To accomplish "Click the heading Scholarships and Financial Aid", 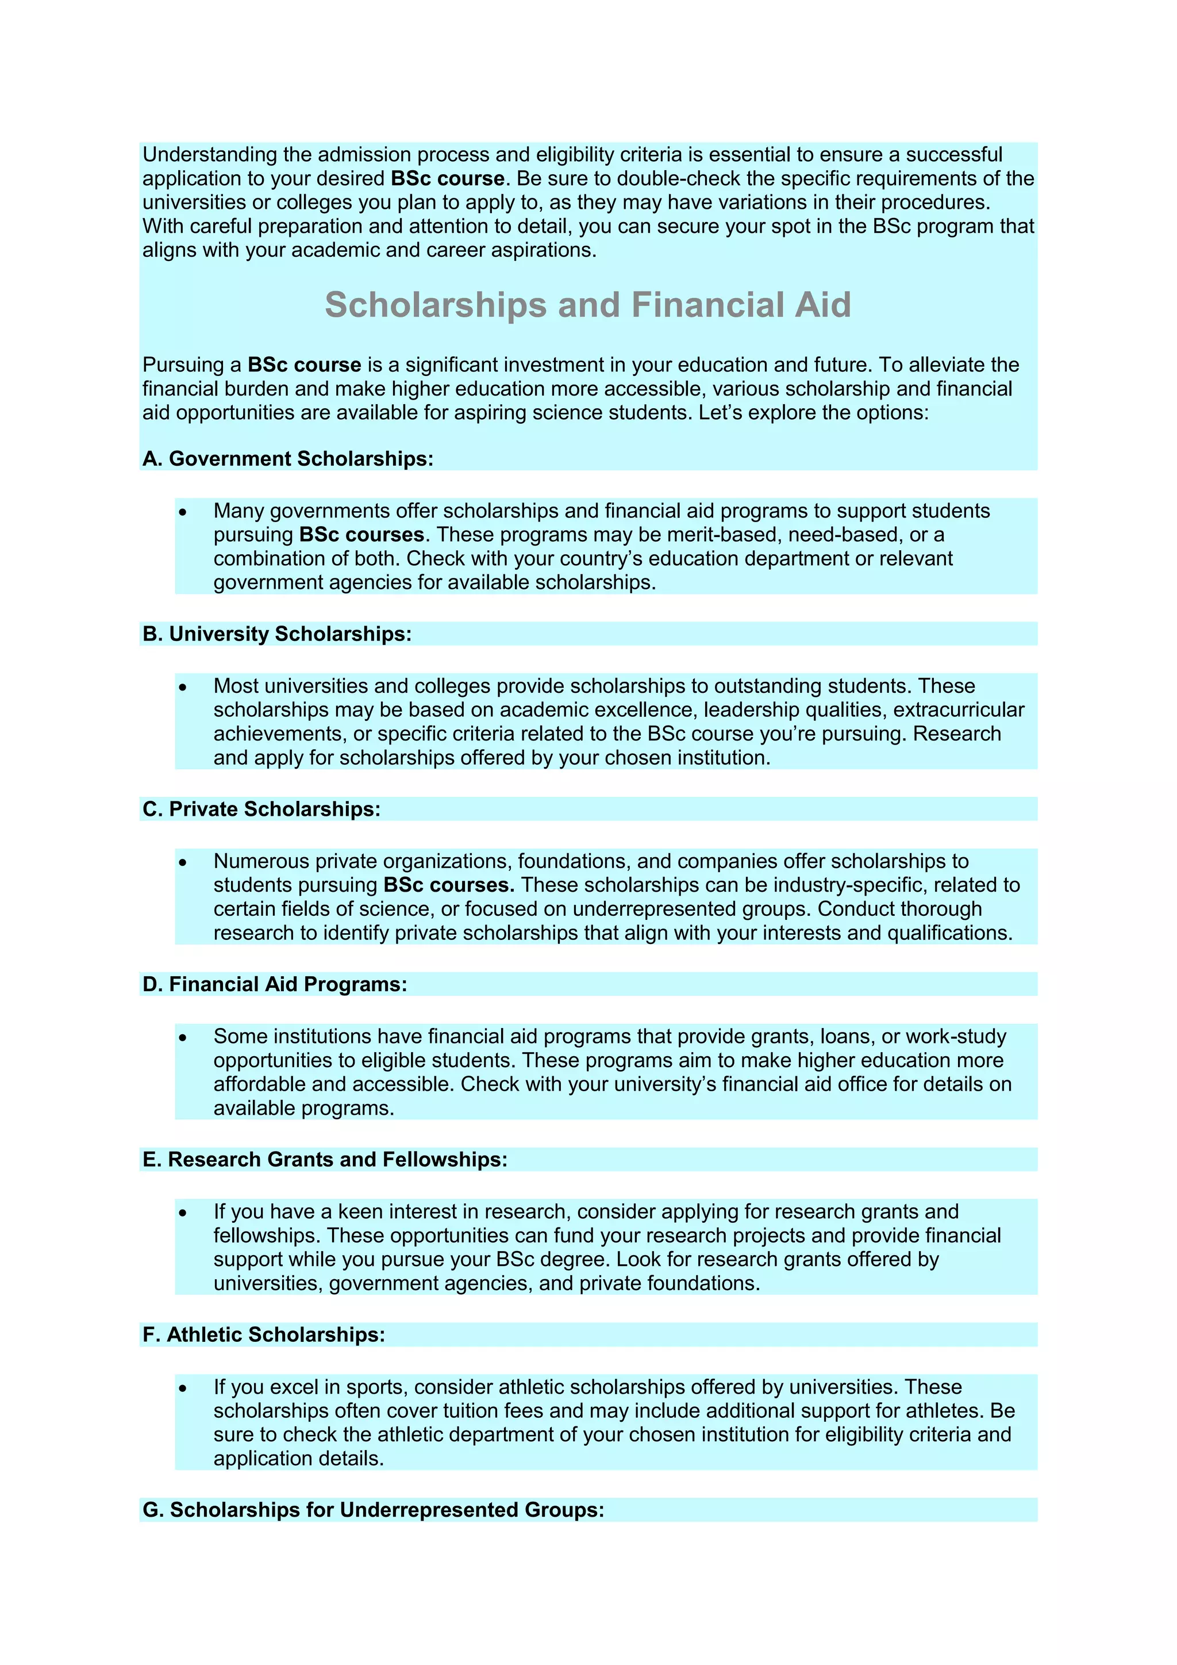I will pos(588,305).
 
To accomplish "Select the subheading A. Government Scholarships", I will pos(288,459).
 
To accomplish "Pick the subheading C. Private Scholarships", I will pos(261,810).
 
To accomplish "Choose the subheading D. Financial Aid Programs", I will pos(275,984).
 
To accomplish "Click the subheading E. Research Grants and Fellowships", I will pos(325,1160).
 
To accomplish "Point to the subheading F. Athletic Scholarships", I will pos(264,1334).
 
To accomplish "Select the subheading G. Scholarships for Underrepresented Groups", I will pos(373,1510).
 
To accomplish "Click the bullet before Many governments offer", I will pos(183,512).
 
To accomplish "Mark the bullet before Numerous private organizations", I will pos(183,862).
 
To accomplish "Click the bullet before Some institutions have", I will pos(183,1037).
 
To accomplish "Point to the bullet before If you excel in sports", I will pos(183,1388).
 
